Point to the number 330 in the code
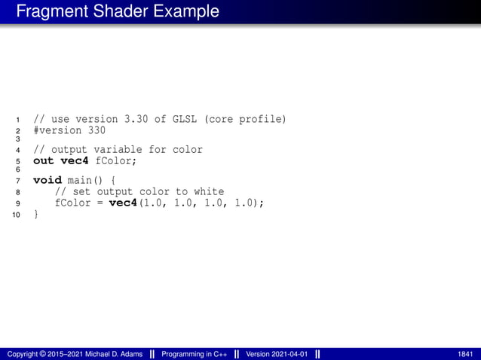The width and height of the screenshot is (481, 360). (x=97, y=130)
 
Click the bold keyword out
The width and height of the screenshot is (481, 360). (x=43, y=160)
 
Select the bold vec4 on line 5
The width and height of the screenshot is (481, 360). (x=74, y=160)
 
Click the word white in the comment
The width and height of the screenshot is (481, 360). (x=208, y=192)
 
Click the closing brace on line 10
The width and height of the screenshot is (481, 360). (x=35, y=215)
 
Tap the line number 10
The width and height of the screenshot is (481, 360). (x=15, y=215)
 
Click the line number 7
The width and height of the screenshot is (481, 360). (x=17, y=182)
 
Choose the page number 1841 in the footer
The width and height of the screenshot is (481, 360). (x=465, y=354)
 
